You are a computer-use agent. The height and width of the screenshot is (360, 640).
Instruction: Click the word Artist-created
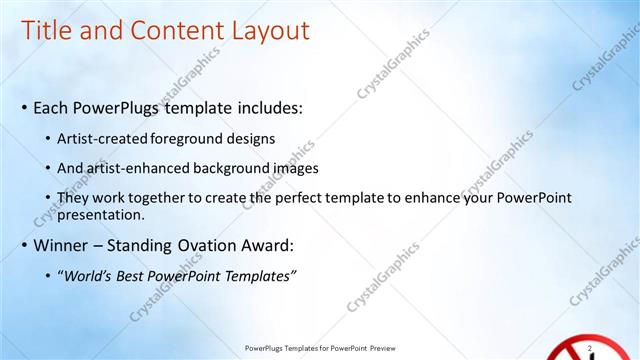(x=105, y=138)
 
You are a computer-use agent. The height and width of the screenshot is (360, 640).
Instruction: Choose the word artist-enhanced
(x=132, y=168)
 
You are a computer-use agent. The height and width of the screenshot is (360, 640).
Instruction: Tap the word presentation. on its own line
(x=102, y=214)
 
